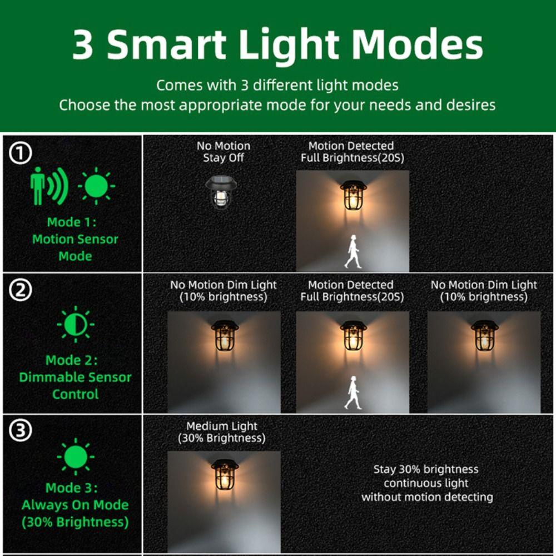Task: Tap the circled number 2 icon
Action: (21, 291)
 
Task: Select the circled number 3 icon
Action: (21, 431)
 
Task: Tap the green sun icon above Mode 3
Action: (76, 457)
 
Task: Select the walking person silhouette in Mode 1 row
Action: (353, 251)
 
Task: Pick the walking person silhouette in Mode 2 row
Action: (353, 393)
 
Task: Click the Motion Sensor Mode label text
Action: (75, 239)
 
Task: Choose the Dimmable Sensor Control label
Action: (75, 377)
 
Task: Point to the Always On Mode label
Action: (75, 505)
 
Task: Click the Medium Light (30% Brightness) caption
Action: (222, 432)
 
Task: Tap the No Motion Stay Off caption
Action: (224, 152)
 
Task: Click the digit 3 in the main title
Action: (83, 46)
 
